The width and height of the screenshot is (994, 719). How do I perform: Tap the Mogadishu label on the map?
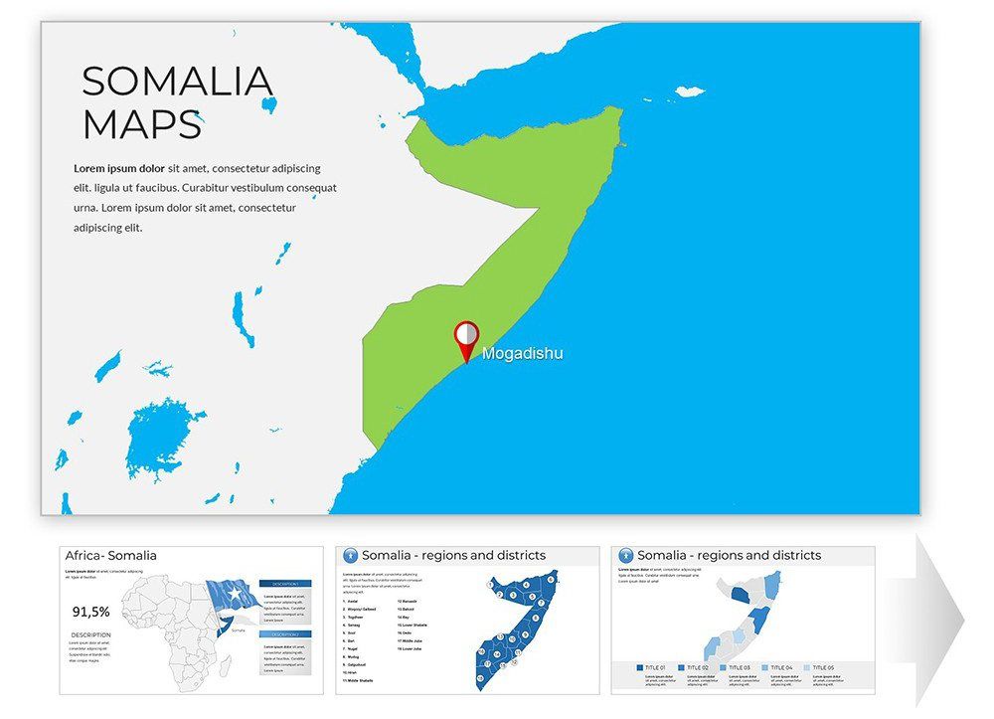pyautogui.click(x=522, y=353)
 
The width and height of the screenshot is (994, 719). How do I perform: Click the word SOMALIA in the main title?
pyautogui.click(x=177, y=82)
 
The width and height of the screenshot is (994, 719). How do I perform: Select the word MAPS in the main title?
pyautogui.click(x=142, y=125)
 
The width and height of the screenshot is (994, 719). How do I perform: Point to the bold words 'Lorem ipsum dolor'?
pyautogui.click(x=119, y=168)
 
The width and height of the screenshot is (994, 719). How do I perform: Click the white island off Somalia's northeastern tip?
pyautogui.click(x=689, y=91)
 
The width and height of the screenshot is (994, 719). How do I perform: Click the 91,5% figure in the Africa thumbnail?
pyautogui.click(x=90, y=612)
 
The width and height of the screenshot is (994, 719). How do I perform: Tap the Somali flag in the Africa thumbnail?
pyautogui.click(x=232, y=599)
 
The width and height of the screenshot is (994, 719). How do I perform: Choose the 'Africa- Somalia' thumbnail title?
pyautogui.click(x=111, y=556)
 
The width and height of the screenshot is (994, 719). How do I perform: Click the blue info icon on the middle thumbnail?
pyautogui.click(x=349, y=555)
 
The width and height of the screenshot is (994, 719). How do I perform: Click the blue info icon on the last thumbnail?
pyautogui.click(x=625, y=555)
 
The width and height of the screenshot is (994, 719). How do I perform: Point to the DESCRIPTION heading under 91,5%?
pyautogui.click(x=90, y=634)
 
